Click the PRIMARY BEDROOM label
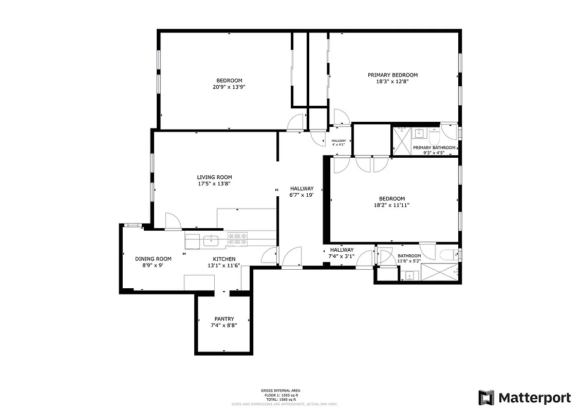tap(392, 75)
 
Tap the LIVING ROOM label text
tap(214, 177)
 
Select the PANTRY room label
tap(224, 319)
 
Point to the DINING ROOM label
tap(153, 259)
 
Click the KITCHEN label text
tap(224, 259)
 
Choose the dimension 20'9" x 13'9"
tap(229, 87)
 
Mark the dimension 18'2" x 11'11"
tap(392, 205)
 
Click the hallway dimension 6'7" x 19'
tap(302, 195)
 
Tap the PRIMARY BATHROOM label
tap(434, 148)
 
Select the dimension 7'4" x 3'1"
tap(342, 256)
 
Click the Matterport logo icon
tap(486, 398)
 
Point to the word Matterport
tap(535, 398)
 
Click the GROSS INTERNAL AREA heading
tap(280, 390)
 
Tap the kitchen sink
tap(210, 239)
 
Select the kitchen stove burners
tap(237, 239)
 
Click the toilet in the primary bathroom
tap(434, 137)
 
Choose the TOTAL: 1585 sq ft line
tap(280, 399)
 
